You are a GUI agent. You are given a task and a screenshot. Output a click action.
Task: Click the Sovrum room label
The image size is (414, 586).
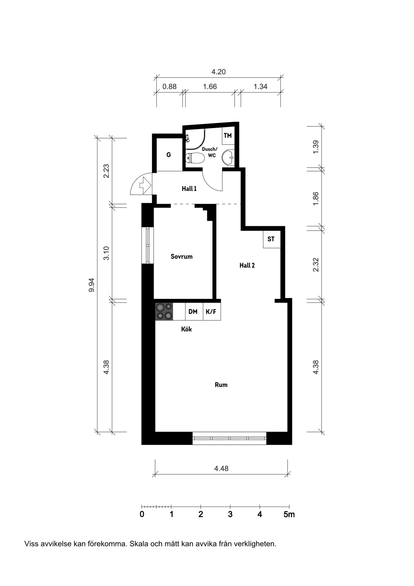[x=182, y=257]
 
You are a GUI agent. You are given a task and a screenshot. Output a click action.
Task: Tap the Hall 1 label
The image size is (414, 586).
[x=189, y=189]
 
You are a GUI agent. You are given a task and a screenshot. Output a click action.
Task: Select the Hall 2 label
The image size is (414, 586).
[x=247, y=266]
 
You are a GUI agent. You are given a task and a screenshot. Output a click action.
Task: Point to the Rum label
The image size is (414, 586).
[x=221, y=385]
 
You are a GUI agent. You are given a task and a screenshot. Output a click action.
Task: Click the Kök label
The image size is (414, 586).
[x=186, y=329]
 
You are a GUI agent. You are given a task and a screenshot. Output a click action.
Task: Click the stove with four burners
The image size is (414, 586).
[x=164, y=311]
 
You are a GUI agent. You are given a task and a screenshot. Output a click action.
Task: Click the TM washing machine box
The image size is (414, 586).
[x=228, y=136]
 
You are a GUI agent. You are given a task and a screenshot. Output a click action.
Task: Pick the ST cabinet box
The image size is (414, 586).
[x=271, y=239]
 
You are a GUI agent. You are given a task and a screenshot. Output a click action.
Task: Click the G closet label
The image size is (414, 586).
[x=169, y=155]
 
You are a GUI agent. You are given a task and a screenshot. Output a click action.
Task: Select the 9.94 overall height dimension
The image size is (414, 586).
[x=91, y=285]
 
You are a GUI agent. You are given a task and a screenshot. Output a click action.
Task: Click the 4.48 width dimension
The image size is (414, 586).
[x=221, y=468]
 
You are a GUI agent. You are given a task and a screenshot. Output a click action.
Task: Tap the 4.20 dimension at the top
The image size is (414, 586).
[x=219, y=72]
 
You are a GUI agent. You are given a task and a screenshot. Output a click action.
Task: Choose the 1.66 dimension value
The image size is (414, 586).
[x=210, y=87]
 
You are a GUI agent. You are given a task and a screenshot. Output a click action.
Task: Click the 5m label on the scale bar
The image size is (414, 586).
[x=289, y=514]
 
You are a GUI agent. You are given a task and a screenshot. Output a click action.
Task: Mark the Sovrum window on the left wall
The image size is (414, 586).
[x=148, y=246]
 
